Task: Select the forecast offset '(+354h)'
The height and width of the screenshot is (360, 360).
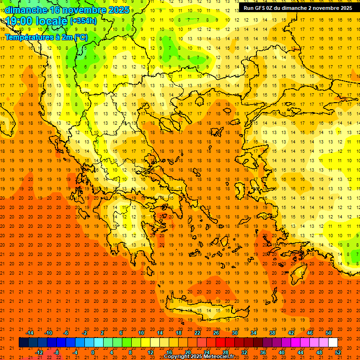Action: pyautogui.click(x=83, y=21)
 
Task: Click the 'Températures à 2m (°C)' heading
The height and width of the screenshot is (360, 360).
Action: pyautogui.click(x=46, y=37)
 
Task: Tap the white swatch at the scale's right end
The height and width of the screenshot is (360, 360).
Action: pyautogui.click(x=333, y=343)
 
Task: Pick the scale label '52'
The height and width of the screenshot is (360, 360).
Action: pyautogui.click(x=338, y=352)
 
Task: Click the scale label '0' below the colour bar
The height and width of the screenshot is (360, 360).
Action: pyautogui.click(x=93, y=352)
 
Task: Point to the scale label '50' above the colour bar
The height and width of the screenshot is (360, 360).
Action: pyautogui.click(x=328, y=333)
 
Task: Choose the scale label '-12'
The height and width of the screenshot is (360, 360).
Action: pyautogui.click(x=39, y=352)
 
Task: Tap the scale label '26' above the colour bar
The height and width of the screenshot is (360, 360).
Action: pyautogui.click(x=216, y=333)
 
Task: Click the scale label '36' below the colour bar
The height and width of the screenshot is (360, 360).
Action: pyautogui.click(x=263, y=352)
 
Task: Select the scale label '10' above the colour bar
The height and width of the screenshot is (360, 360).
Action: pyautogui.click(x=141, y=333)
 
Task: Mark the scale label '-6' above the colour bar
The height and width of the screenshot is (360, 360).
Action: pyautogui.click(x=66, y=333)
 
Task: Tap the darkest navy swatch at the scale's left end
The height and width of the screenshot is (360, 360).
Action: pyautogui.click(x=23, y=343)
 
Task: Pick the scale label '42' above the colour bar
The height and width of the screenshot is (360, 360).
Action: pyautogui.click(x=291, y=333)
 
